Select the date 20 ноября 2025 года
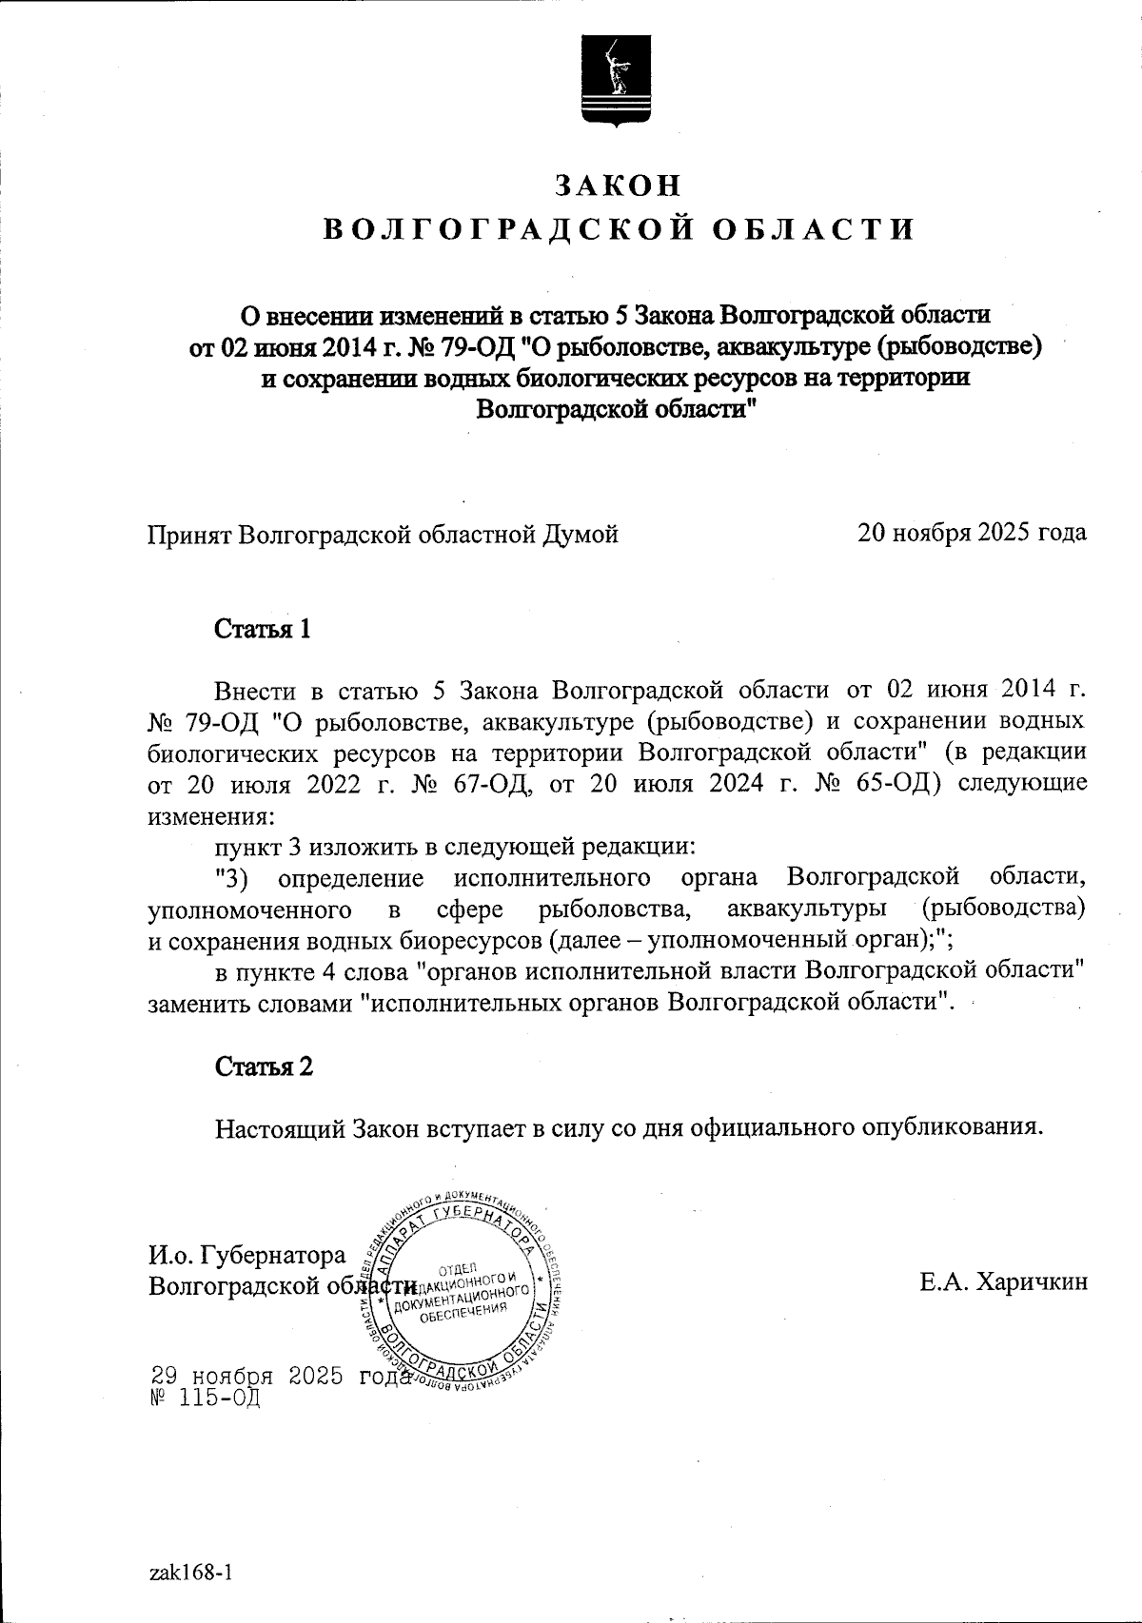[x=972, y=533]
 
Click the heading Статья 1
[x=264, y=630]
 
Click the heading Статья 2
[x=264, y=1066]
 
